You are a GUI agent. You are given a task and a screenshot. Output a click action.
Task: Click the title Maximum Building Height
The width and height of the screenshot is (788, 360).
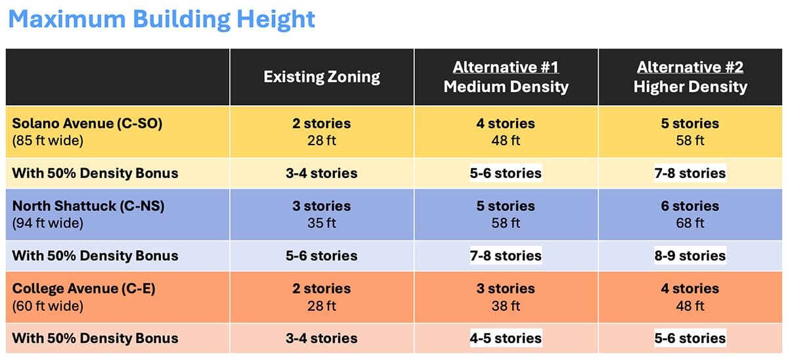162,19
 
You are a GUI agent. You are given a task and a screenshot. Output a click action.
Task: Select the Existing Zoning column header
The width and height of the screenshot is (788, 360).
322,77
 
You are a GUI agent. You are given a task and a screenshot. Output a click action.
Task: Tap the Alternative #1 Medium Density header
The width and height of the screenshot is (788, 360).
506,77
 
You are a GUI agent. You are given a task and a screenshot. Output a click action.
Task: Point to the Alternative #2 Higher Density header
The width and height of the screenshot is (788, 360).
690,77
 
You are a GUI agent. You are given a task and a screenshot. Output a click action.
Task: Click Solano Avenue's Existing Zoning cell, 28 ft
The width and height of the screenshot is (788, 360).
322,131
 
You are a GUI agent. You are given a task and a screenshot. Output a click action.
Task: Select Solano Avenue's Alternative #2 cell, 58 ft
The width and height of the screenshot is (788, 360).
690,131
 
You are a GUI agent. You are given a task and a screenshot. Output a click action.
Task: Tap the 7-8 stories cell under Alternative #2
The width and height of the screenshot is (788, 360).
690,173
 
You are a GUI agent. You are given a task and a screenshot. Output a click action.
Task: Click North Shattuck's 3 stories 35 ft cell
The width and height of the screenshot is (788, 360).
322,214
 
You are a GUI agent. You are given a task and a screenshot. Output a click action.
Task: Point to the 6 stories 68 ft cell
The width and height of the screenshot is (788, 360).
690,214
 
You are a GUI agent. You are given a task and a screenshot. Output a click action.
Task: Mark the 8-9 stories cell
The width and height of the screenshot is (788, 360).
690,256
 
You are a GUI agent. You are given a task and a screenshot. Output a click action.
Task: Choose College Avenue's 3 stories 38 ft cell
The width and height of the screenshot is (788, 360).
506,297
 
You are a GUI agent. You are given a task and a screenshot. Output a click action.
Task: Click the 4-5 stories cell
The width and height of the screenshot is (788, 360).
506,338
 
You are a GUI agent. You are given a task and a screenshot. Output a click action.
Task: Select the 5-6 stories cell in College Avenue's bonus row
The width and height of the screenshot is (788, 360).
690,338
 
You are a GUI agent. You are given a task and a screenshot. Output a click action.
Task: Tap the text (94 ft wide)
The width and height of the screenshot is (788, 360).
48,223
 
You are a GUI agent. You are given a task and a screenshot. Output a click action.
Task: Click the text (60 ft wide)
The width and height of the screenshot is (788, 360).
48,306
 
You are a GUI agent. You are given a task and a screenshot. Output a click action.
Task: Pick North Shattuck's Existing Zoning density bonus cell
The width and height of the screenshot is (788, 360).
322,256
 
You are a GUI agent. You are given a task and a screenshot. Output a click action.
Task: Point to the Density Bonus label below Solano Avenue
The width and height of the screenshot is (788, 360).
95,173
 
